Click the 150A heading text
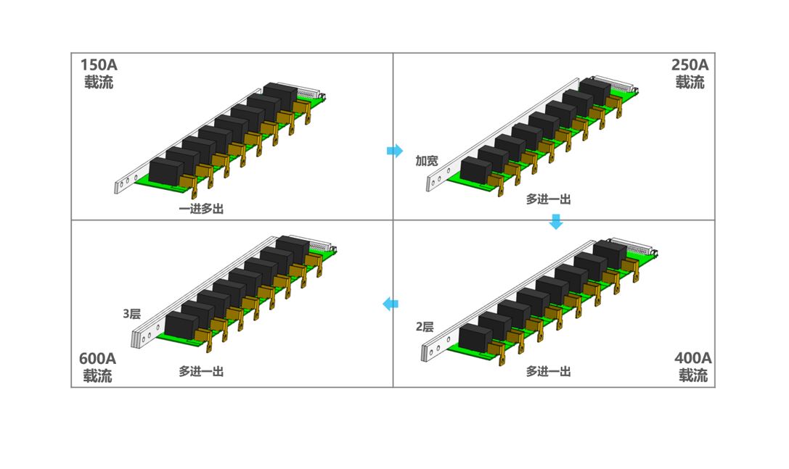(99, 65)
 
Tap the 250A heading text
(690, 65)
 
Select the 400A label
(693, 358)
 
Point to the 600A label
(97, 358)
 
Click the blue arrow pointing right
(395, 150)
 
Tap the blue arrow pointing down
(556, 221)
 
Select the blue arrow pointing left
(391, 304)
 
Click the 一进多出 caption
(201, 209)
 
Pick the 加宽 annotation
(427, 161)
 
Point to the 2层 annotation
(425, 327)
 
